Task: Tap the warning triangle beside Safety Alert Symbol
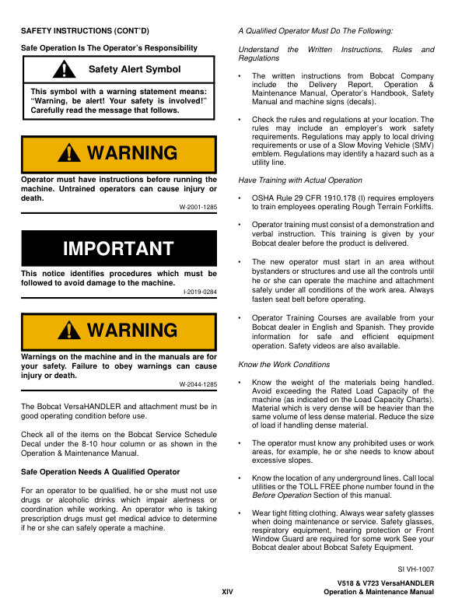(60, 70)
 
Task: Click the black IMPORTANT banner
(118, 249)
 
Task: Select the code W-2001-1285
(198, 207)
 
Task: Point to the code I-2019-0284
(199, 291)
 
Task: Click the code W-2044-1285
(198, 384)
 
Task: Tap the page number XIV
(227, 592)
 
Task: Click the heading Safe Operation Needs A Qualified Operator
(100, 472)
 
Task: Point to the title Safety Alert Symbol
(135, 69)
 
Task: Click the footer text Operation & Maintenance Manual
(378, 593)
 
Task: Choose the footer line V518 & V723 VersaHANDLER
(385, 583)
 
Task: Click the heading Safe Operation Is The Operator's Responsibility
(109, 48)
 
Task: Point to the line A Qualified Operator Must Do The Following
(315, 30)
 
